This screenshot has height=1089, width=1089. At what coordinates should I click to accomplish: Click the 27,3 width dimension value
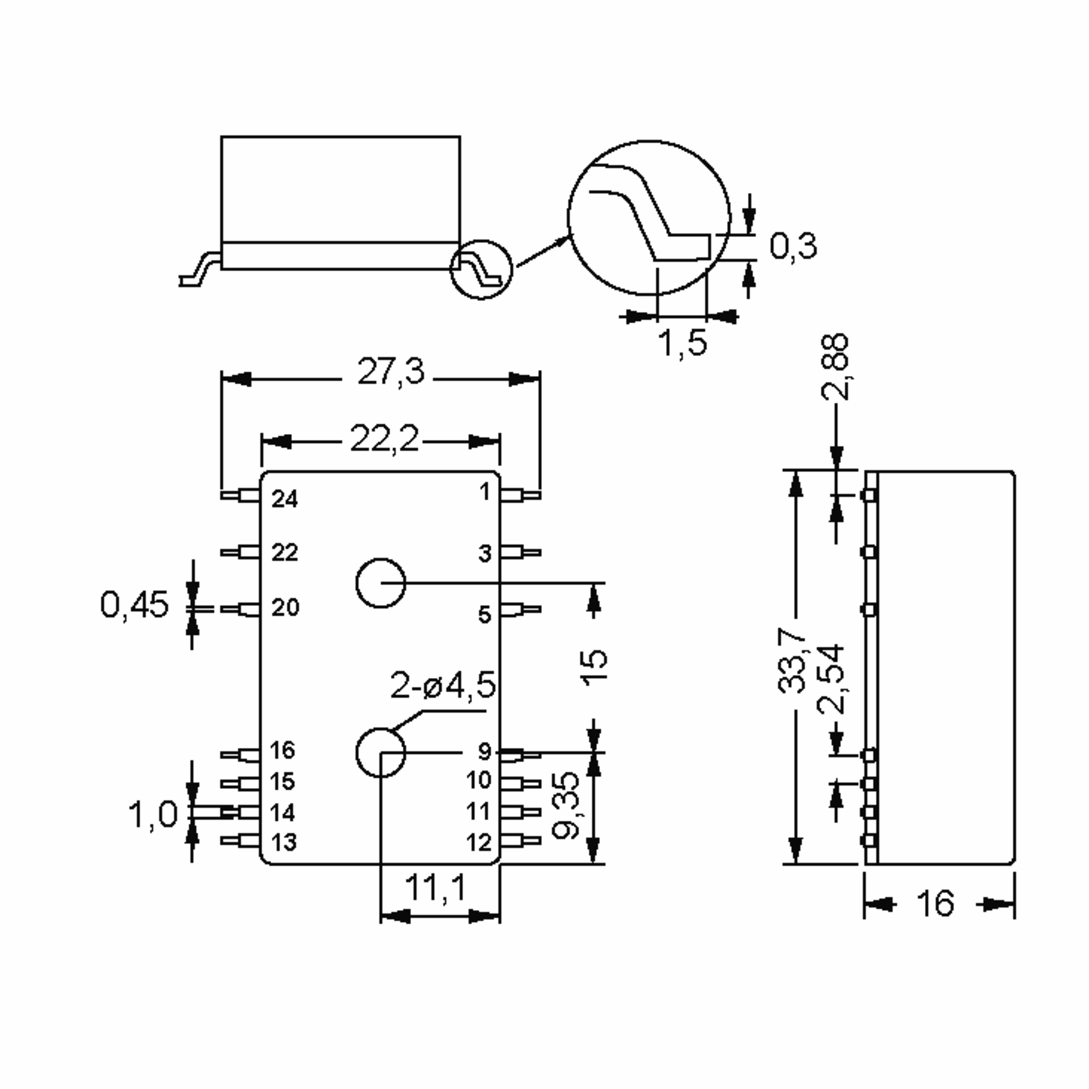point(391,373)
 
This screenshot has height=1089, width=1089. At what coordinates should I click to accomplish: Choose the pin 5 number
point(485,614)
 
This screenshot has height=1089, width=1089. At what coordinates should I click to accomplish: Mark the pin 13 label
point(284,843)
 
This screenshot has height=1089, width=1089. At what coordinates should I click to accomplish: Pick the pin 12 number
point(479,843)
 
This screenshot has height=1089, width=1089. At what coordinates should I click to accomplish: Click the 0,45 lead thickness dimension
point(134,605)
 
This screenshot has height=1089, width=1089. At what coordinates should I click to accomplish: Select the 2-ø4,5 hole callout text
point(443,686)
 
